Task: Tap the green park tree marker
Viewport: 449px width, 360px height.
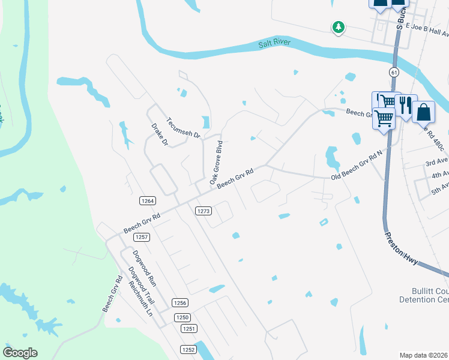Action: click(339, 27)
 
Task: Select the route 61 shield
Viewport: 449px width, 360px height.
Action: click(394, 72)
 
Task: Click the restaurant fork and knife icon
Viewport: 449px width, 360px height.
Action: click(406, 106)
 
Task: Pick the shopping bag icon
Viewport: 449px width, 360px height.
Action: click(423, 111)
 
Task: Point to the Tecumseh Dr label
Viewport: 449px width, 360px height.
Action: click(183, 127)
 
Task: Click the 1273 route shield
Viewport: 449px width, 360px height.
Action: click(203, 211)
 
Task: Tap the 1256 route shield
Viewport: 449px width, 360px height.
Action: click(180, 303)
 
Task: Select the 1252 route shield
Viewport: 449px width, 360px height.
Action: click(188, 349)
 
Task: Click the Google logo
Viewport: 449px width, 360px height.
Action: click(20, 353)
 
